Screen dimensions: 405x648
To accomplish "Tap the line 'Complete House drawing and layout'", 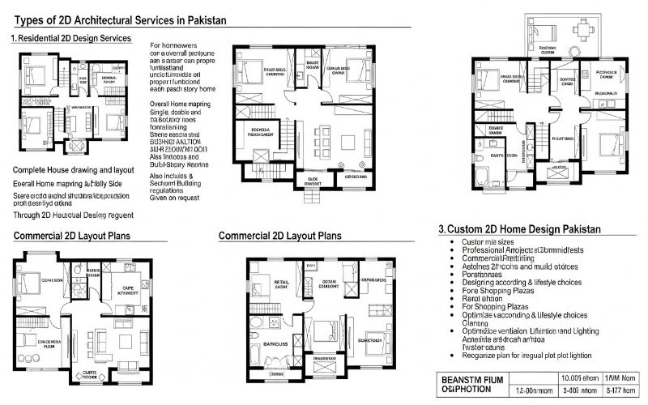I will pos(74,171).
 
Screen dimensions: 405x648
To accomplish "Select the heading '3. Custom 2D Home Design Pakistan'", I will pos(518,229).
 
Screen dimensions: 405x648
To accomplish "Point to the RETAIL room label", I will pos(282,283).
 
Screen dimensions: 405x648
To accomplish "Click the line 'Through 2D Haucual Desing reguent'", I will pos(74,216).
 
